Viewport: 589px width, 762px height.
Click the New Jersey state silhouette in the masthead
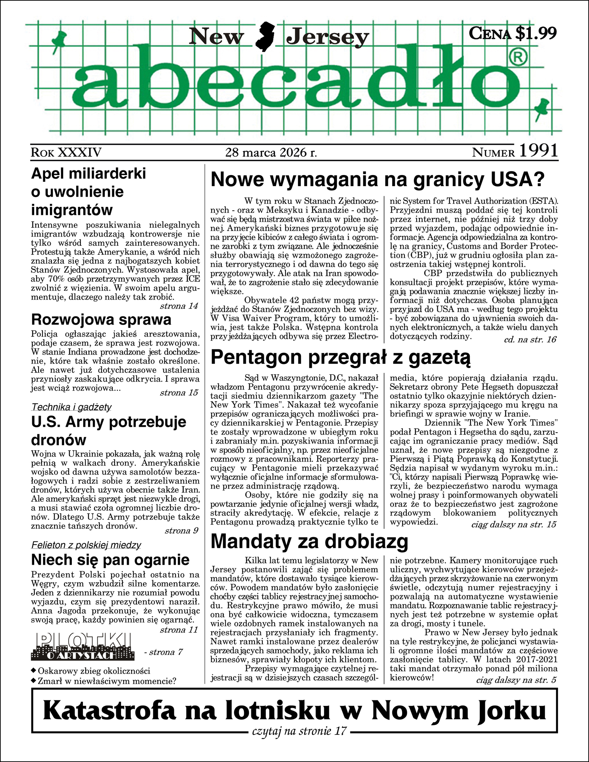click(x=265, y=37)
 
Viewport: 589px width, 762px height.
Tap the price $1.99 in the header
click(x=536, y=33)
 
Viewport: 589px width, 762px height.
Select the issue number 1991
click(x=539, y=151)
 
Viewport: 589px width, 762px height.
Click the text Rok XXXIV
click(x=66, y=152)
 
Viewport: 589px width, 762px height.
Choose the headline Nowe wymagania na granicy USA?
click(x=378, y=180)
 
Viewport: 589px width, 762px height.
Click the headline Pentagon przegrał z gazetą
click(x=340, y=358)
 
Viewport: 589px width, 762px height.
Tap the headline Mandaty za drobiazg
click(x=309, y=542)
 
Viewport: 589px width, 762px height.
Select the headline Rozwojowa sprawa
click(x=101, y=320)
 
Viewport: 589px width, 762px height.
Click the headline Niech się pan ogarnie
click(x=110, y=560)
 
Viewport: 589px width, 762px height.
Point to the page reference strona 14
click(x=179, y=306)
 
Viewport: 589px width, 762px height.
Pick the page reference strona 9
click(x=181, y=531)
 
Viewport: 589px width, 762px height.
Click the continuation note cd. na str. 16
click(x=530, y=340)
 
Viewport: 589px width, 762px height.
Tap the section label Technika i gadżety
click(x=71, y=407)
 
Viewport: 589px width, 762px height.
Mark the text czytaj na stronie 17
click(x=300, y=731)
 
